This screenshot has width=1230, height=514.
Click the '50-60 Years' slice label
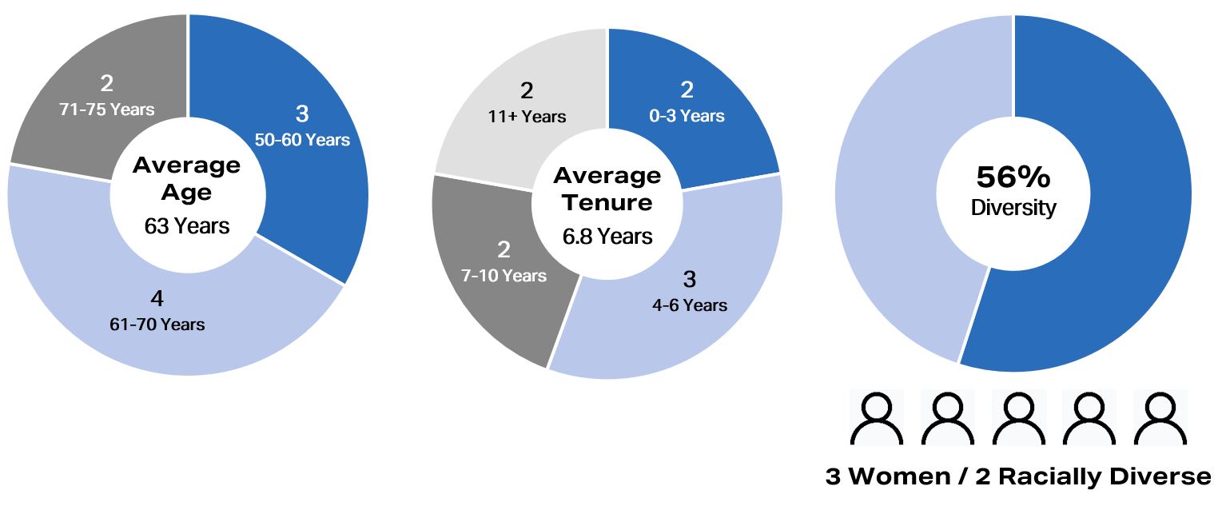click(302, 140)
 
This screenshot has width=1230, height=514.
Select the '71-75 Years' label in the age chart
click(106, 109)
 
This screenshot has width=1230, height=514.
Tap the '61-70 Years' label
click(157, 324)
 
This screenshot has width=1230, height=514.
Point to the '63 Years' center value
click(187, 226)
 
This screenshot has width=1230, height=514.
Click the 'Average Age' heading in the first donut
click(187, 178)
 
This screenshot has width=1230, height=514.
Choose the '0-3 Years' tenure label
click(687, 116)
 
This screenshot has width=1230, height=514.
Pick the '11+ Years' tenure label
click(527, 117)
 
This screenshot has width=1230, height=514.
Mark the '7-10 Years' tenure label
click(504, 276)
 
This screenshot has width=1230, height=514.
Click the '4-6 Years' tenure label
click(689, 305)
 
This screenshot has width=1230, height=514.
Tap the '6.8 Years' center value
click(607, 237)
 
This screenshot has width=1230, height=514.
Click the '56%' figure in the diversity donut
click(1013, 177)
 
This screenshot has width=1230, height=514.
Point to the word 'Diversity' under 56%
click(1013, 209)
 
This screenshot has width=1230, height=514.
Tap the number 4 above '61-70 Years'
click(157, 300)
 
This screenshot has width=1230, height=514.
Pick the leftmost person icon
click(876, 417)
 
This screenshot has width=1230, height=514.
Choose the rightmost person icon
click(1160, 417)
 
